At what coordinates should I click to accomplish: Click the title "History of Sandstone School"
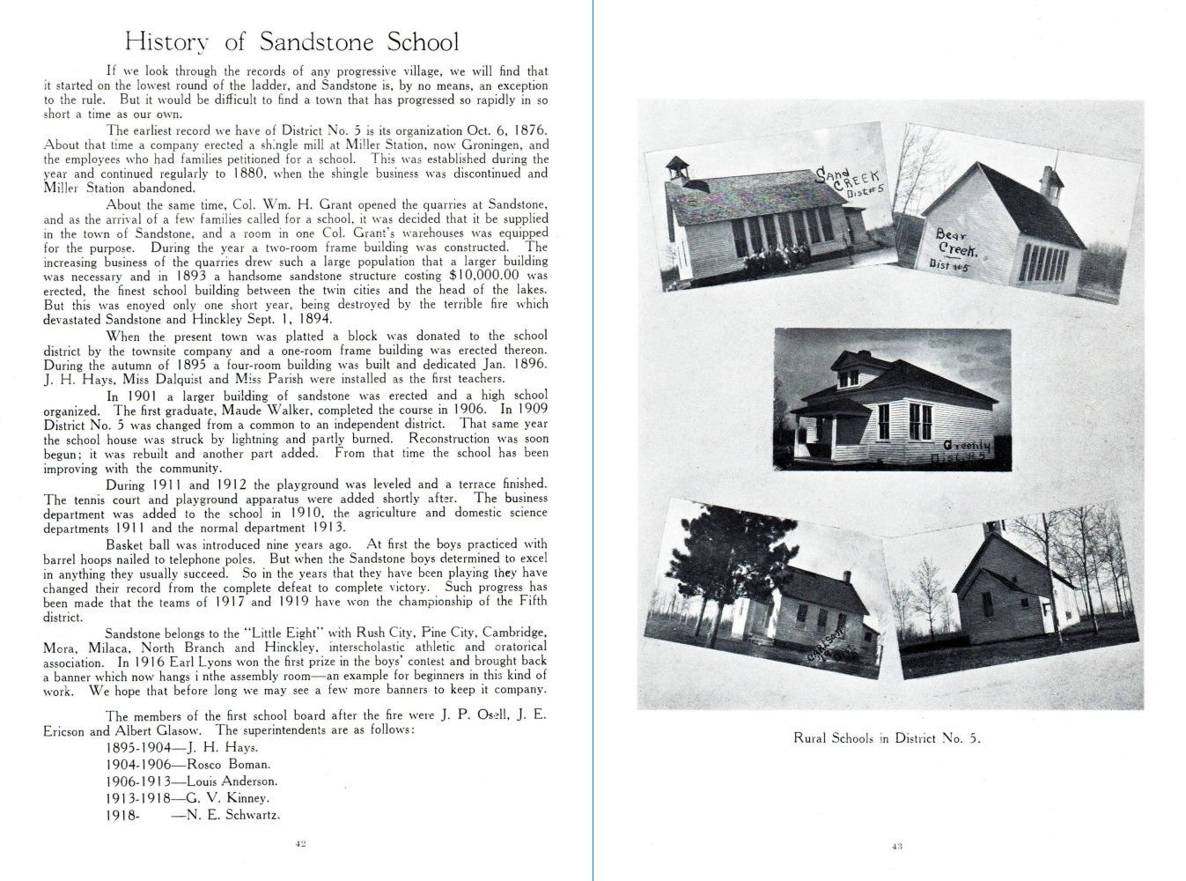coord(291,41)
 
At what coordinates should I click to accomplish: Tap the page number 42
coord(299,843)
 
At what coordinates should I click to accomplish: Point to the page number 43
coord(897,847)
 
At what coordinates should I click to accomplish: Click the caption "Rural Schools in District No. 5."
coord(887,738)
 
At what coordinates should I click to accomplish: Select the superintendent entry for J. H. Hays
coord(180,748)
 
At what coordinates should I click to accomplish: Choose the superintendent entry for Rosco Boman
coord(188,765)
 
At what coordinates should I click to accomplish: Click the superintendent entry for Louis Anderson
coord(191,781)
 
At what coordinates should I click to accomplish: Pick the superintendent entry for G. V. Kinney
coord(187,797)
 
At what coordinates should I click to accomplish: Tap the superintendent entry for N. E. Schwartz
coord(193,815)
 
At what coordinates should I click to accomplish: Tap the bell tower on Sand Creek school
coord(676,170)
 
